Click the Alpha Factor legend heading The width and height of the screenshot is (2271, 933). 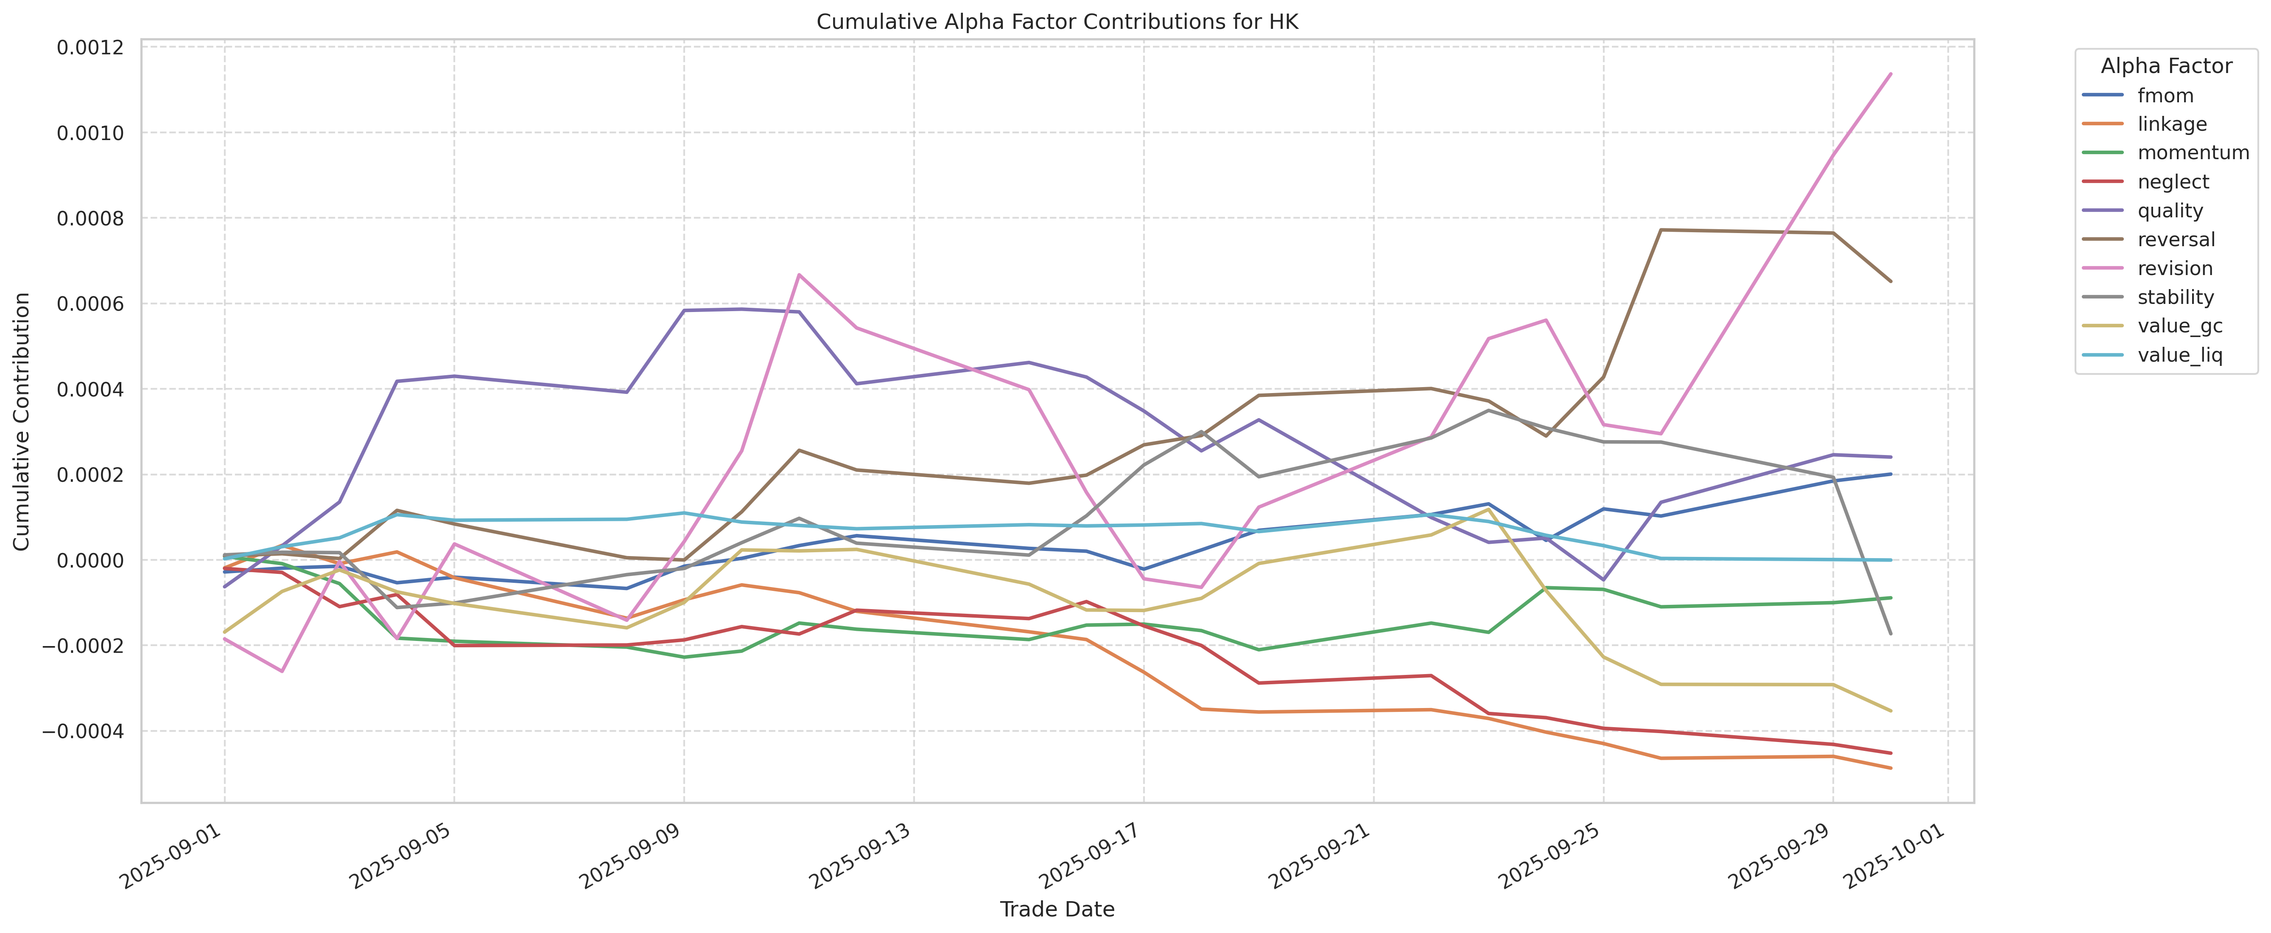pyautogui.click(x=2166, y=66)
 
